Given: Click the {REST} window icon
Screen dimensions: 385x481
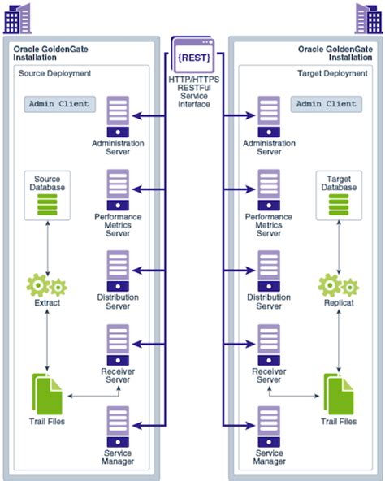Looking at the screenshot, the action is [193, 54].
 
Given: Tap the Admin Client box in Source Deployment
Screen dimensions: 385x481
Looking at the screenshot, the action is [59, 104].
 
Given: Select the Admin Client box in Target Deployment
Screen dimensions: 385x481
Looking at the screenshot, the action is [326, 104].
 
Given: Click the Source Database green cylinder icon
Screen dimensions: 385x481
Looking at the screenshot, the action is [47, 205].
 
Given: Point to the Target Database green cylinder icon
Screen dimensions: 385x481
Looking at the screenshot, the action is [339, 205].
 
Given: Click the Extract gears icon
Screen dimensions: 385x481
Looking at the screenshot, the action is [47, 285].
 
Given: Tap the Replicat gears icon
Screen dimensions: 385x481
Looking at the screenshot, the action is [339, 285].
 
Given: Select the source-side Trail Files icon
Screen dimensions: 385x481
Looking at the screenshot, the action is [47, 394].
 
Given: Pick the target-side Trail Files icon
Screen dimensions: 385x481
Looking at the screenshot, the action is [339, 394].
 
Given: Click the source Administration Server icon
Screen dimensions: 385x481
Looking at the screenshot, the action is [118, 116].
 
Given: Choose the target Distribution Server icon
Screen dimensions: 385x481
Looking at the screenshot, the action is [269, 271].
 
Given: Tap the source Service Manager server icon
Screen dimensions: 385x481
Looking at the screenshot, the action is [118, 427].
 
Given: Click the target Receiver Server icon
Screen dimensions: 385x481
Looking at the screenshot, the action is [269, 344].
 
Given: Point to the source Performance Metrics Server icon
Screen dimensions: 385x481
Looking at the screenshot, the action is [118, 190].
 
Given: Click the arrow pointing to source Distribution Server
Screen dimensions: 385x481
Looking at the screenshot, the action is [149, 271].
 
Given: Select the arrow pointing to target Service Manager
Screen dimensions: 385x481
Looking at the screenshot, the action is [240, 426].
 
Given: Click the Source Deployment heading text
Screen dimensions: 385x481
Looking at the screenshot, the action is [54, 73].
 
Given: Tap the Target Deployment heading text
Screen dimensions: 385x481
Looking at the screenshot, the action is [332, 73].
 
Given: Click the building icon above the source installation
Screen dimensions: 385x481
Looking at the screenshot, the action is [18, 19].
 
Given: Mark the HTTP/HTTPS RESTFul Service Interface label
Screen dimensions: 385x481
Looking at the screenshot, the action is [194, 92].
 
